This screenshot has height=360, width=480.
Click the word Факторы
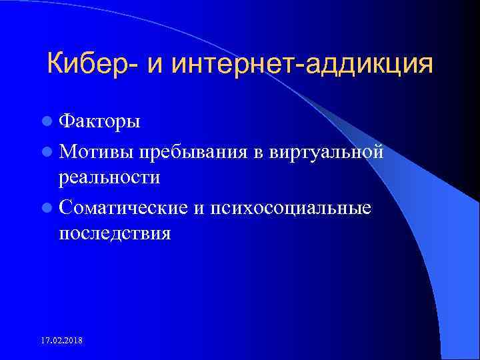99,123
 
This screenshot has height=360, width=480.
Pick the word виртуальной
328,152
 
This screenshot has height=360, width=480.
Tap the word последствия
115,233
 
